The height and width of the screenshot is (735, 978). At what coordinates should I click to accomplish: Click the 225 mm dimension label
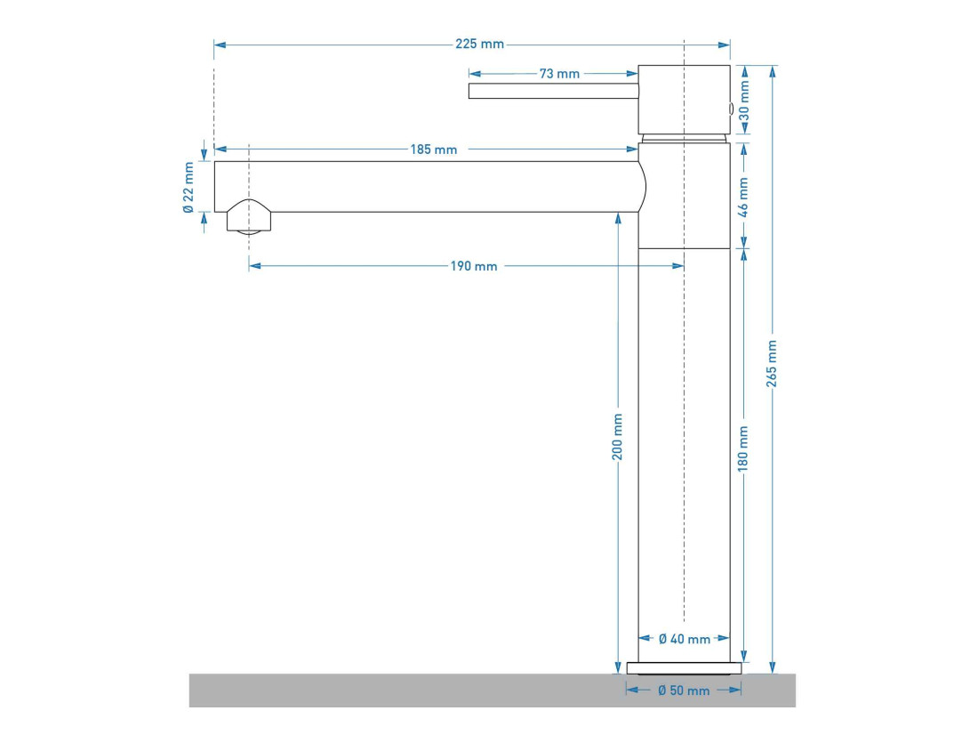(479, 44)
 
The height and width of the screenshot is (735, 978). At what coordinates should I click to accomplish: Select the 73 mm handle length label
(559, 74)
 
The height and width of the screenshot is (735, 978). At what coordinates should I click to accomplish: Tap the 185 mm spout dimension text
(434, 149)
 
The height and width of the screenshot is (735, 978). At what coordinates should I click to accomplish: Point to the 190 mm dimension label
(474, 266)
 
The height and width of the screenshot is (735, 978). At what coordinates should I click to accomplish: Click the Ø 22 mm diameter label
(189, 188)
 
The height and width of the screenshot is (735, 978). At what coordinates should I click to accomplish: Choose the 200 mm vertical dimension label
(617, 437)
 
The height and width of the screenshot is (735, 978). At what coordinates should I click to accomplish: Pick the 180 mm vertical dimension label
(743, 448)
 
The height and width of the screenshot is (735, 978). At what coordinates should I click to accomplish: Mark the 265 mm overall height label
(772, 363)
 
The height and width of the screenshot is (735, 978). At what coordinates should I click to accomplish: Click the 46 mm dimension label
(743, 198)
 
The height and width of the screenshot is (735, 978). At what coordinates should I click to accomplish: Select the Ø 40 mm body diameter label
(685, 639)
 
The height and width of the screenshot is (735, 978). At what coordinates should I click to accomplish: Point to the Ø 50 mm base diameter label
(684, 691)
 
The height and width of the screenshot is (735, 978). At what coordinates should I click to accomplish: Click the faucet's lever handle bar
(553, 91)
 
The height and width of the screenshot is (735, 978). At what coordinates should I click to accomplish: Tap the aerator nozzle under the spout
(249, 217)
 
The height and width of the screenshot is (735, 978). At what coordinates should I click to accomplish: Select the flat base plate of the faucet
(685, 668)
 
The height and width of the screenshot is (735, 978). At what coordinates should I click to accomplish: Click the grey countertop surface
(493, 690)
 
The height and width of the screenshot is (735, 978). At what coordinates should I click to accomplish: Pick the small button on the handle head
(731, 109)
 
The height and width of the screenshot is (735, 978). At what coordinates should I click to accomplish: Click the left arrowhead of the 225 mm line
(220, 45)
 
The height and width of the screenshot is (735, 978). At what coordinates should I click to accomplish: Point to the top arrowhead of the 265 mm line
(773, 71)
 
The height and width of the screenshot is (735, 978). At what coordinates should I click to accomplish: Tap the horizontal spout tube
(429, 187)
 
